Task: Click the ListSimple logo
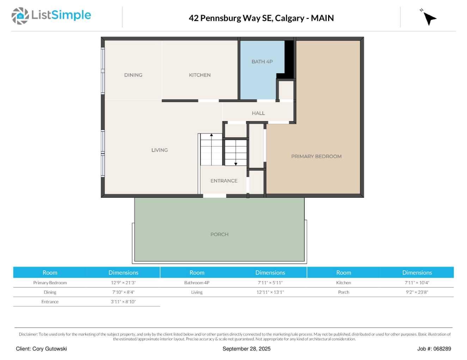[51, 16]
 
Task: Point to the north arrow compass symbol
[429, 18]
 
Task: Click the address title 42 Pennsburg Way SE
[261, 18]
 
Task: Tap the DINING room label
[133, 75]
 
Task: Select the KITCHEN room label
[199, 75]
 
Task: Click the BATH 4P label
[262, 62]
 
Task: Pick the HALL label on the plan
[258, 113]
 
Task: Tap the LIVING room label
[159, 150]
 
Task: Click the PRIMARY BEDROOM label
[316, 156]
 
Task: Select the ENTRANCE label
[224, 181]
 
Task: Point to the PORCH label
[219, 234]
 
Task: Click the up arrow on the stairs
[211, 135]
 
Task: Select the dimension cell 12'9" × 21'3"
[123, 283]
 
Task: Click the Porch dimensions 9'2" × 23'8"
[417, 292]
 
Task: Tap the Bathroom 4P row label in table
[197, 283]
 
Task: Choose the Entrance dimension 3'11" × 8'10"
[123, 302]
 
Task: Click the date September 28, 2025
[246, 349]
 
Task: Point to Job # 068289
[434, 349]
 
